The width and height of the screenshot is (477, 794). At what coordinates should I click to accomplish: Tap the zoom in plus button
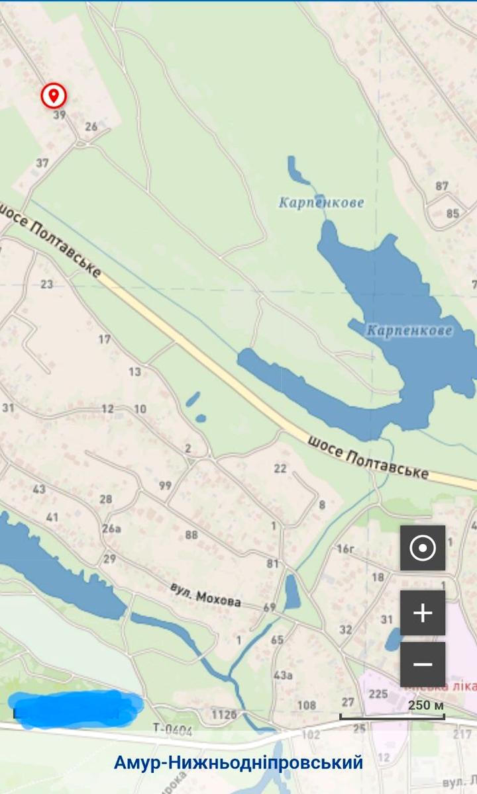[423, 613]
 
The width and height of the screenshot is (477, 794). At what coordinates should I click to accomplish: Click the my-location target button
[423, 548]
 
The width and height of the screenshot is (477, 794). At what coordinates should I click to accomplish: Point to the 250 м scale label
[426, 705]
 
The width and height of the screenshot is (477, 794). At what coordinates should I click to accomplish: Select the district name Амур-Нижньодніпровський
[238, 763]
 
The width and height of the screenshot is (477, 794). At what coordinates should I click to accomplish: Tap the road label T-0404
[172, 728]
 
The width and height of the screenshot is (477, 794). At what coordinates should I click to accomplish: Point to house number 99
[165, 486]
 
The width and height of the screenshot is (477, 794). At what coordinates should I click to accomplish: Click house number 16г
[346, 549]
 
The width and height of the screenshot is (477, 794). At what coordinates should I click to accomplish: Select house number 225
[378, 693]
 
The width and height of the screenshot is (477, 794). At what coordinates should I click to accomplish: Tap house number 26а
[112, 528]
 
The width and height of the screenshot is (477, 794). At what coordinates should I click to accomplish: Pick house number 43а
[283, 675]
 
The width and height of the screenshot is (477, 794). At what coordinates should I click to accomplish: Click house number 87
[442, 186]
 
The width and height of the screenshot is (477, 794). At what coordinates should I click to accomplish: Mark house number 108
[307, 705]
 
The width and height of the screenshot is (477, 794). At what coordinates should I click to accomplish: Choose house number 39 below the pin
[60, 115]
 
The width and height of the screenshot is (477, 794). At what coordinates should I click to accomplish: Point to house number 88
[191, 535]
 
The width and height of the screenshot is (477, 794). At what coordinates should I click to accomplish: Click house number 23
[46, 285]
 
